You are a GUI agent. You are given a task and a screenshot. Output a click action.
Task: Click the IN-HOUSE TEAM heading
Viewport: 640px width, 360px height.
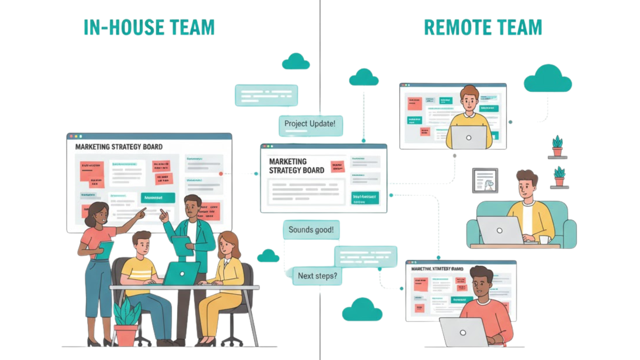tap(149, 27)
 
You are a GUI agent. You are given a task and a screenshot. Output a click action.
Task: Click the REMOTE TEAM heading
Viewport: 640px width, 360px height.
tap(483, 27)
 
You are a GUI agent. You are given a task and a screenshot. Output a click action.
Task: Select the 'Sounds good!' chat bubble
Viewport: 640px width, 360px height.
tap(311, 230)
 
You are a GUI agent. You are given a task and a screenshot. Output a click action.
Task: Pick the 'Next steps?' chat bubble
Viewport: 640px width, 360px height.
tap(317, 276)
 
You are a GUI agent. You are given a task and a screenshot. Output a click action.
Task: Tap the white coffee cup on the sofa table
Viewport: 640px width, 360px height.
tap(545, 240)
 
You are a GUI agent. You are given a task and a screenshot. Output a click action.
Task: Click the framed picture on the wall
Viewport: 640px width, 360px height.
tap(485, 181)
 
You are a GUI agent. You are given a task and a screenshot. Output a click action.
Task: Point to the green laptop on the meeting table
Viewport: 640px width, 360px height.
tap(182, 273)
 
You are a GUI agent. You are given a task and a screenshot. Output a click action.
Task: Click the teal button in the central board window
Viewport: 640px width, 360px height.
tap(365, 198)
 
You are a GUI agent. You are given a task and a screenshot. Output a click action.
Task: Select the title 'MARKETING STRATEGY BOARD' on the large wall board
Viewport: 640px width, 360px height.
tap(119, 147)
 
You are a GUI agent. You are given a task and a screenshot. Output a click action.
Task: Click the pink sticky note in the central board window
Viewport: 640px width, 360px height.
tap(337, 166)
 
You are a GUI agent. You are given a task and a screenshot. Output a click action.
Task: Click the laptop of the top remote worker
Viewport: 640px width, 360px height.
tap(469, 137)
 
